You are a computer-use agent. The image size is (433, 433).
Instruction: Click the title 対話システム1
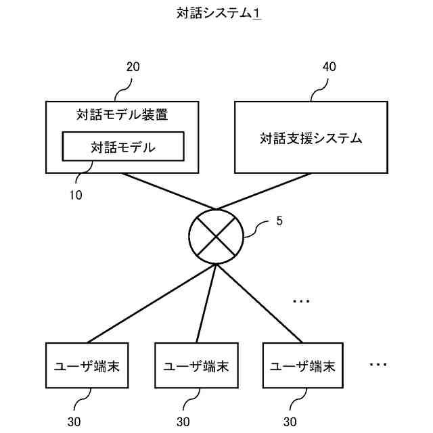point(216,14)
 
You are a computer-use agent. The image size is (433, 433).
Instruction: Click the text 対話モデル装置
point(122,115)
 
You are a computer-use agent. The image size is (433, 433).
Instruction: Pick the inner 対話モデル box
point(122,147)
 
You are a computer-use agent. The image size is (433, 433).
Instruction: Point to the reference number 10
point(76,196)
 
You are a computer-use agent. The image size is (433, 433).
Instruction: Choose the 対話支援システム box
point(311,138)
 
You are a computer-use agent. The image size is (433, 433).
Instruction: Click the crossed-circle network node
point(216,235)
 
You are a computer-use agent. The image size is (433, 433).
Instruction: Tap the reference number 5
point(279,221)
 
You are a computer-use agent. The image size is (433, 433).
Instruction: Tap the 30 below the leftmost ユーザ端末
point(75,421)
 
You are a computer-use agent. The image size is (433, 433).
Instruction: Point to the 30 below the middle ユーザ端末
point(183,421)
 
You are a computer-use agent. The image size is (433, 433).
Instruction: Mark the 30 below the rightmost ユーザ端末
point(290,421)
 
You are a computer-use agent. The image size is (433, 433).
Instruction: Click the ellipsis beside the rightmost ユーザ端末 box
point(378,365)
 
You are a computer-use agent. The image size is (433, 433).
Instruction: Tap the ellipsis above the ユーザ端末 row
point(300,300)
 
